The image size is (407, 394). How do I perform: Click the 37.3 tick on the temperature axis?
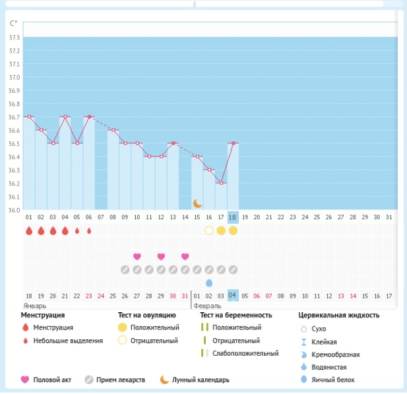tap(14, 38)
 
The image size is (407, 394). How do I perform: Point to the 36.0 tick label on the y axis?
tap(14, 210)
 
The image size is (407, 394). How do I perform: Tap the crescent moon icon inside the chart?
tap(197, 203)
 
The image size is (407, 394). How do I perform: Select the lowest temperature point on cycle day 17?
tap(221, 183)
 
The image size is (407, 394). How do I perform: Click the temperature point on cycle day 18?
tap(233, 143)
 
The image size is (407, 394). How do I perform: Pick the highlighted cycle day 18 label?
tap(232, 217)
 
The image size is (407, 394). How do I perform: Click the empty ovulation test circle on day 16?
tap(209, 230)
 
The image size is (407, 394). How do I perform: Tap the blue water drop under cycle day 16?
tap(209, 283)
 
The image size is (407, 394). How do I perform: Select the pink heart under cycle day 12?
tap(161, 257)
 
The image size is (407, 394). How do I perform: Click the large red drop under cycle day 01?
tap(29, 230)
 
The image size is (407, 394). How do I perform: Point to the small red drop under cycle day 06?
tap(89, 230)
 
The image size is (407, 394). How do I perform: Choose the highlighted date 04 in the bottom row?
tap(232, 295)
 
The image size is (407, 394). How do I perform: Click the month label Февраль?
tap(208, 306)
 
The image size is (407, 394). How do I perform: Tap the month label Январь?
tap(34, 306)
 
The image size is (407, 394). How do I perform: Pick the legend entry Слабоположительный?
tap(245, 354)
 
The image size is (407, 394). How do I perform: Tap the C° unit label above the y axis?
tap(13, 24)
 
